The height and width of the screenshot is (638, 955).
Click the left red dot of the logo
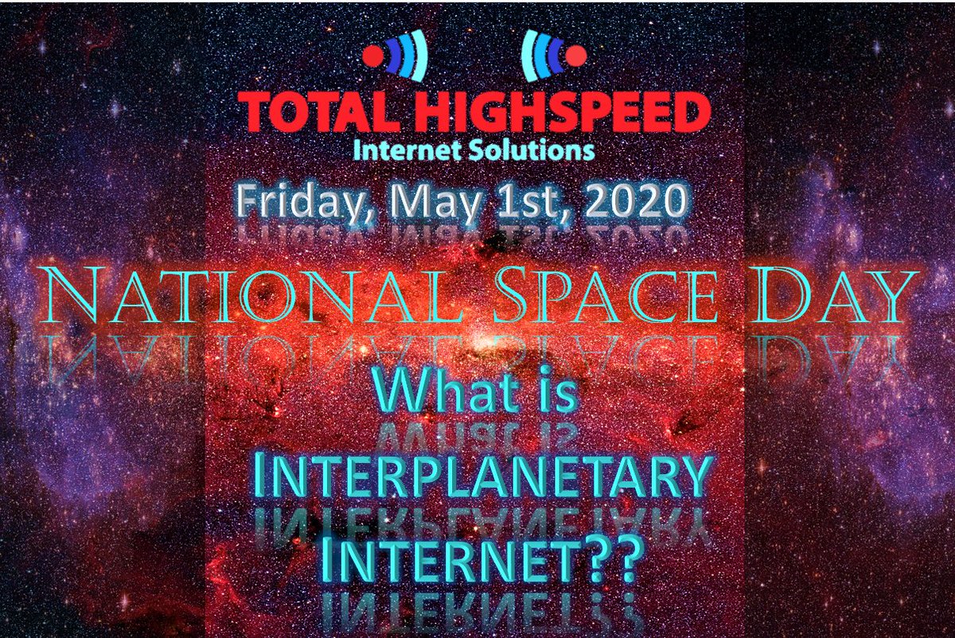click(373, 56)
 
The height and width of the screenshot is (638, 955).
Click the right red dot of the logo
click(576, 56)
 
